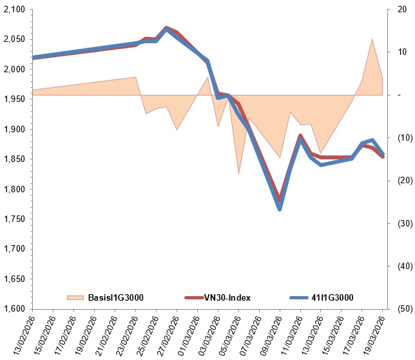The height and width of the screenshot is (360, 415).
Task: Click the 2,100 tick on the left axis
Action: [x=14, y=10]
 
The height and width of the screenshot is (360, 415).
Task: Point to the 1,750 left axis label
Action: [x=14, y=219]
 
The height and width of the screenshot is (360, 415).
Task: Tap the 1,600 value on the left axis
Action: [x=14, y=309]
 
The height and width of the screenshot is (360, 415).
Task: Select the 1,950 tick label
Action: [x=14, y=99]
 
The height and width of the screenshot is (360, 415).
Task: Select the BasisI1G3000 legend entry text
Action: [x=115, y=297]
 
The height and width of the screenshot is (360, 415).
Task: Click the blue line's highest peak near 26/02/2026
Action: [x=167, y=29]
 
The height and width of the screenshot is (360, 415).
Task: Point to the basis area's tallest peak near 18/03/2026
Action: [x=372, y=39]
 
